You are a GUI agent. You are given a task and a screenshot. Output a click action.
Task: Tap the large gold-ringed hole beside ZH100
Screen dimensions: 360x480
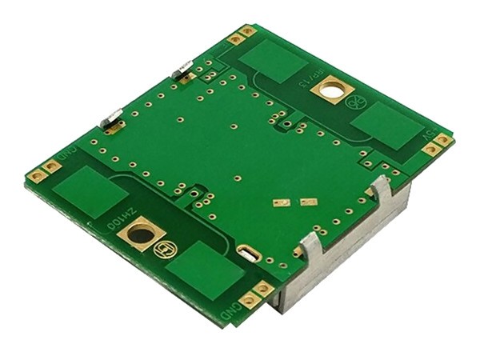pos(142,236)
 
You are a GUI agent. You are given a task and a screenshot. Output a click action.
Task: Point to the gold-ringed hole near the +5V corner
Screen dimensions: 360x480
pos(329,90)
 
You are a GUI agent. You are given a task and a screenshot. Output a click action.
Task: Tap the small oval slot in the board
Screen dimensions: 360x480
pos(249,254)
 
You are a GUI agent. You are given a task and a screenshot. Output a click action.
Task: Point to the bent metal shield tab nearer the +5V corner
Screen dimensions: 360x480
pos(382,190)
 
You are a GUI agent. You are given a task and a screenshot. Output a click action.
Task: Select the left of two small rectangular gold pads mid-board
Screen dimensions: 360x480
pos(281,203)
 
